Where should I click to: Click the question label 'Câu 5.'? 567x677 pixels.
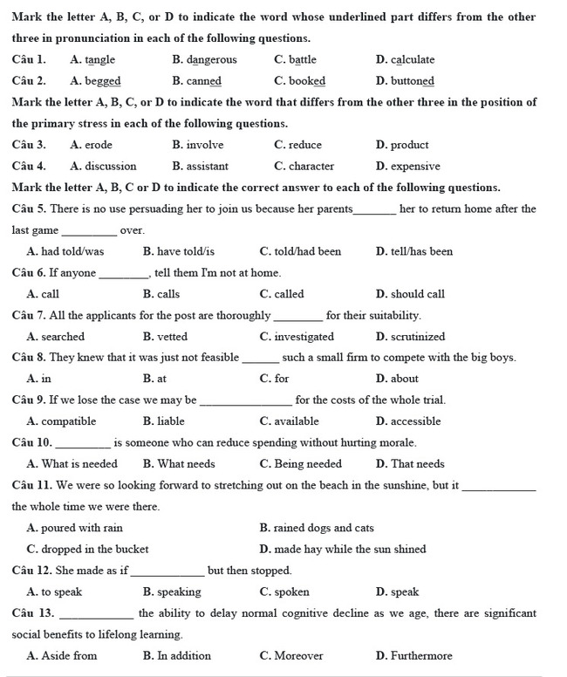(30, 209)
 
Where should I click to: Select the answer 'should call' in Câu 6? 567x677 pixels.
(417, 294)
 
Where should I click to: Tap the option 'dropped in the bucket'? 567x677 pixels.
(94, 550)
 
